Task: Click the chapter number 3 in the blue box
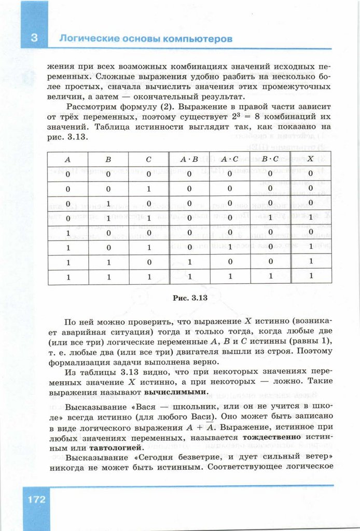point(34,38)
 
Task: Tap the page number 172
point(34,500)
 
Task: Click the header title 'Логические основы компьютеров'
point(145,39)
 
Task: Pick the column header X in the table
point(310,159)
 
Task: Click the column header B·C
point(270,159)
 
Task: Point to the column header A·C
point(229,159)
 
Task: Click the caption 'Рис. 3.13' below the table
point(189,298)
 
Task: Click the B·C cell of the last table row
point(270,276)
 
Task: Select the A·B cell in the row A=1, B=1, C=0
point(189,262)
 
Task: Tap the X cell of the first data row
point(311,174)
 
